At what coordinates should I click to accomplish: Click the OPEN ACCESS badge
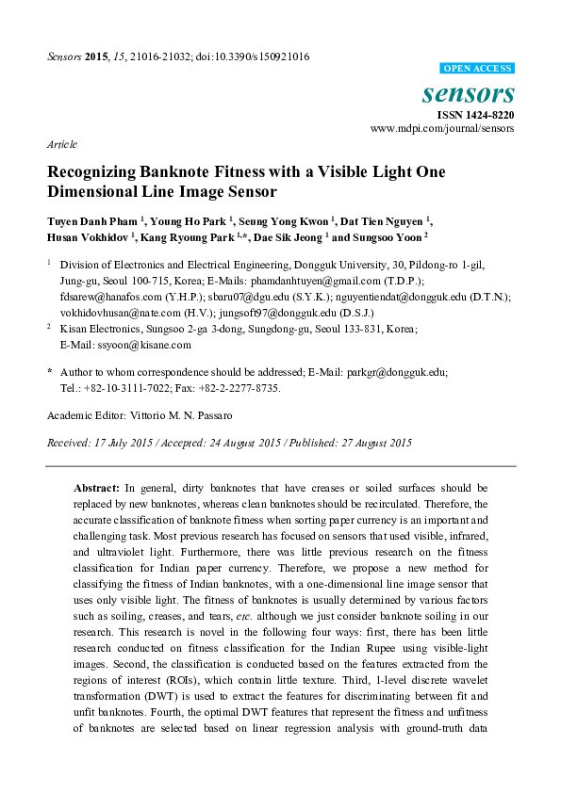pos(478,69)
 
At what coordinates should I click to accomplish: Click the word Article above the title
pos(61,145)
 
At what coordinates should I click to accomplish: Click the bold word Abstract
pos(96,489)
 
